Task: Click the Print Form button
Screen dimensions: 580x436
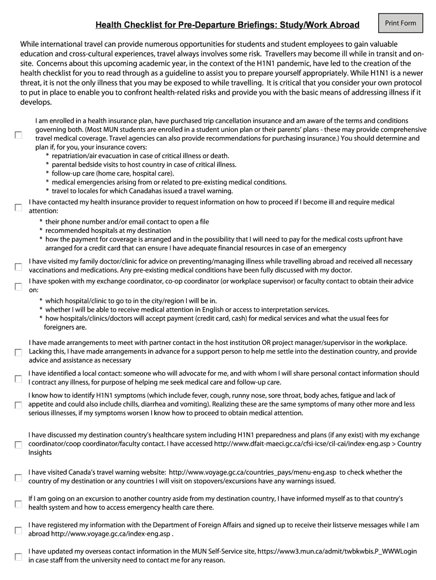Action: [x=401, y=23]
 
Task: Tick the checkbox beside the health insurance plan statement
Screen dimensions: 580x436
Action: [x=19, y=135]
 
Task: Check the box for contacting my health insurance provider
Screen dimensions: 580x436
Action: [x=19, y=207]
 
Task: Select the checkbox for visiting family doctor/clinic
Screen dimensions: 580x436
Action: [x=19, y=266]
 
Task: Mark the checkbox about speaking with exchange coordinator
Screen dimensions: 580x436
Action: [x=19, y=286]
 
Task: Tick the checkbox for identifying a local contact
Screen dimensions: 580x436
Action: [x=19, y=378]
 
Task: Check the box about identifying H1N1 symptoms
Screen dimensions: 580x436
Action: [x=19, y=406]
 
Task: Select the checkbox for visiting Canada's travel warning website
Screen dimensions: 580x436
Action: [x=19, y=477]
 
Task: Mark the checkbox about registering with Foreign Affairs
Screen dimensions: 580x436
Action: [x=19, y=531]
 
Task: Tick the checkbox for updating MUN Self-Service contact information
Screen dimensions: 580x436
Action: [x=19, y=557]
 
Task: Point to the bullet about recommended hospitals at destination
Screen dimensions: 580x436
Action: [x=108, y=231]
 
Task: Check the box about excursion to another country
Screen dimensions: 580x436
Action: [x=19, y=504]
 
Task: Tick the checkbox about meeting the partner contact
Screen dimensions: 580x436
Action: [x=19, y=352]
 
